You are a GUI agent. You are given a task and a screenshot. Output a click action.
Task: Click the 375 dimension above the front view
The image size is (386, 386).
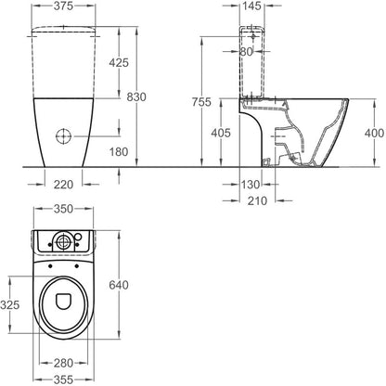63,6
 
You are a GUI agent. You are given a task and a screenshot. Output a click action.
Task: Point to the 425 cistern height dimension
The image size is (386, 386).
119,63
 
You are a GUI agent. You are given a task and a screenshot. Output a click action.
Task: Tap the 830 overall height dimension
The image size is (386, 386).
136,96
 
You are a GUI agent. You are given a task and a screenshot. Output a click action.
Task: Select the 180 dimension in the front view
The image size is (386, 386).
119,151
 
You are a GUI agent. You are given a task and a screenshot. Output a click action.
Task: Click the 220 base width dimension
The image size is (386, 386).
64,185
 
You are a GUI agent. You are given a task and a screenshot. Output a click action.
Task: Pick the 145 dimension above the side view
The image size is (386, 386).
251,6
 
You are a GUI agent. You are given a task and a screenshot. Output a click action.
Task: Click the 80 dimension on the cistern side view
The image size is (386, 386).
247,52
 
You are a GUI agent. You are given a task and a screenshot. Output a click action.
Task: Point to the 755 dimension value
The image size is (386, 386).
201,102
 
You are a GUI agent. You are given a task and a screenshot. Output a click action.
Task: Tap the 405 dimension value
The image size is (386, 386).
221,133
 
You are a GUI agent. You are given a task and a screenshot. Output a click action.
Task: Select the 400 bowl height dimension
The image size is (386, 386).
374,133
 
